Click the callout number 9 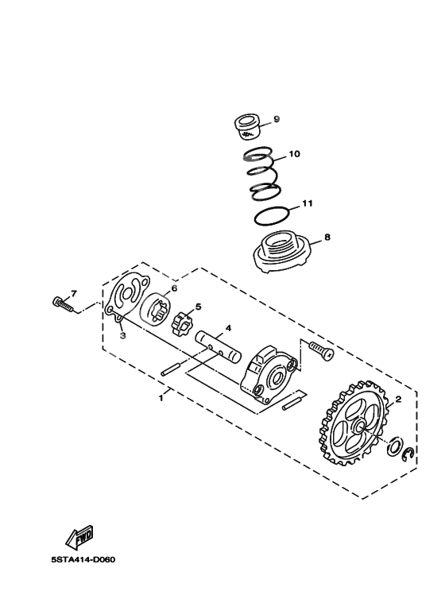[277, 119]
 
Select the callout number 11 [307, 203]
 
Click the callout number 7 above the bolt [74, 292]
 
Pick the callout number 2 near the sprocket [399, 400]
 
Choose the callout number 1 [161, 396]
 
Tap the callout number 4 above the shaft [227, 327]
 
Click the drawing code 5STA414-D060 [83, 558]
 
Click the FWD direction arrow [82, 539]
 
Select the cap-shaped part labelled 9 [245, 124]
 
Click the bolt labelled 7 [63, 303]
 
